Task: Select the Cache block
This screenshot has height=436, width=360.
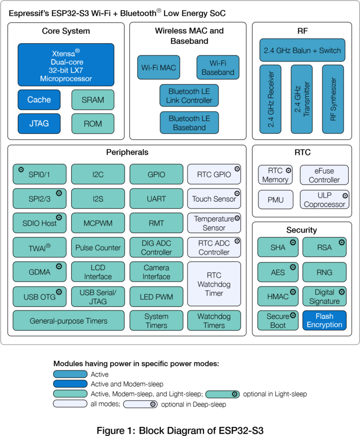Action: pyautogui.click(x=39, y=99)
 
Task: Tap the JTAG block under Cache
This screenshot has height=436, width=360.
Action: pyautogui.click(x=39, y=124)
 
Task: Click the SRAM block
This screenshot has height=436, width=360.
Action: pyautogui.click(x=93, y=99)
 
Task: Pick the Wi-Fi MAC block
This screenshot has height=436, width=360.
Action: pyautogui.click(x=158, y=68)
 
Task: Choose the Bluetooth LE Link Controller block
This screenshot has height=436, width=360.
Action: pyautogui.click(x=189, y=96)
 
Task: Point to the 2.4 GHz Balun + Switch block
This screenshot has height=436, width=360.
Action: pyautogui.click(x=302, y=50)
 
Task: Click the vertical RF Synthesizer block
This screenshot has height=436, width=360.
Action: pyautogui.click(x=333, y=99)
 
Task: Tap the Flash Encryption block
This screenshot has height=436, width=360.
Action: pyautogui.click(x=324, y=320)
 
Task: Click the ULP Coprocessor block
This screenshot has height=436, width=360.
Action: pyautogui.click(x=324, y=200)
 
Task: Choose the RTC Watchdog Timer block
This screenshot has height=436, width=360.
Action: pyautogui.click(x=214, y=284)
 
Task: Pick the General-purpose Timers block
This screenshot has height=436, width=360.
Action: pyautogui.click(x=68, y=321)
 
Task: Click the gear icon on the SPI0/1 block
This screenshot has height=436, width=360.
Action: pyautogui.click(x=21, y=169)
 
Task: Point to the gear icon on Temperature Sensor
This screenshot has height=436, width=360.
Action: pyautogui.click(x=237, y=218)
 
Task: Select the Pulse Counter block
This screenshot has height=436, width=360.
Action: pyautogui.click(x=98, y=248)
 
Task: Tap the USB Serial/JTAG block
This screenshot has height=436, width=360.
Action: pyautogui.click(x=98, y=297)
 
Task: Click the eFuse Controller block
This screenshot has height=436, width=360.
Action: pyautogui.click(x=324, y=175)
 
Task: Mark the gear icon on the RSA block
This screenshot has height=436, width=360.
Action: pyautogui.click(x=342, y=242)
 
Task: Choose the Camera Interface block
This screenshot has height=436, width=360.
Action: pyautogui.click(x=156, y=272)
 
